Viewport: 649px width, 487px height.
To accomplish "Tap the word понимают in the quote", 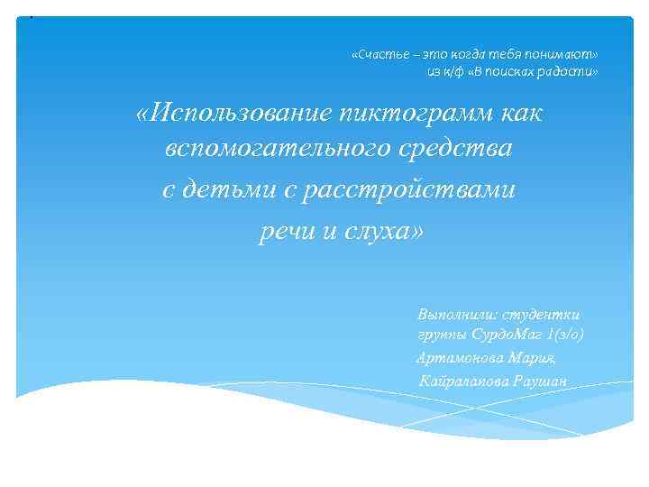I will (x=562, y=54).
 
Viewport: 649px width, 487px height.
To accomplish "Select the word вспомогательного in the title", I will (x=270, y=151).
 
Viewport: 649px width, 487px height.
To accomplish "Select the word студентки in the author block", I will (x=544, y=314).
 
